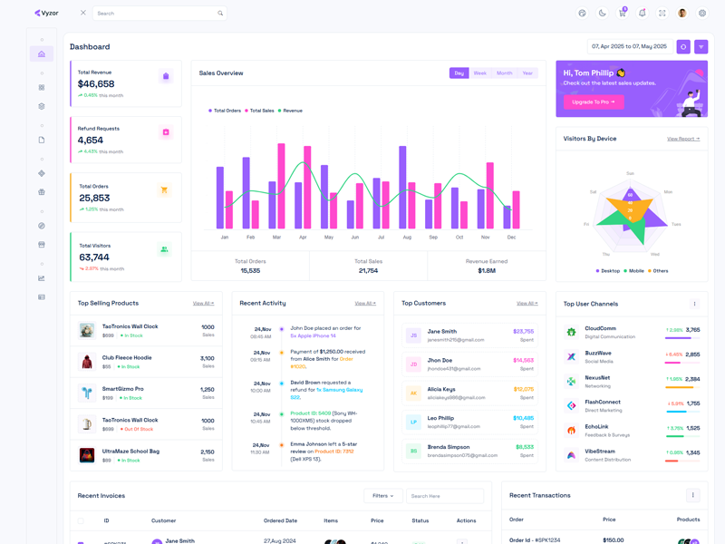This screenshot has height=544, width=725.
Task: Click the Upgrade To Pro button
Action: click(594, 102)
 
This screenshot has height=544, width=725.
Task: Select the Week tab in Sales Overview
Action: click(480, 73)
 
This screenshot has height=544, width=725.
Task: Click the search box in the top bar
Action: click(159, 14)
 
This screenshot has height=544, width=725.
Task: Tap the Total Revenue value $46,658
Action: click(96, 84)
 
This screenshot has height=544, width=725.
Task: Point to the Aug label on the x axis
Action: click(407, 238)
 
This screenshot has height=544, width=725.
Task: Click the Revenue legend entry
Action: click(291, 111)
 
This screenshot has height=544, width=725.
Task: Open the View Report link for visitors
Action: click(683, 139)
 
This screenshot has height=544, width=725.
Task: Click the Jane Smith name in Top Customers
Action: click(442, 332)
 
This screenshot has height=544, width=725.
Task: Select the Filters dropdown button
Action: click(383, 496)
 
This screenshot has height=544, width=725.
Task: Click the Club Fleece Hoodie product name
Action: click(127, 358)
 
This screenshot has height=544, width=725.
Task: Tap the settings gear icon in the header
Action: click(702, 14)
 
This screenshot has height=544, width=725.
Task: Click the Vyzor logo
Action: click(46, 14)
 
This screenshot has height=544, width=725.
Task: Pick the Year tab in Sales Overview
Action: click(527, 73)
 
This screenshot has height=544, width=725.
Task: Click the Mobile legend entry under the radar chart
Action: click(635, 270)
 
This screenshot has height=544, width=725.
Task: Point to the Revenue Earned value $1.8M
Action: click(487, 271)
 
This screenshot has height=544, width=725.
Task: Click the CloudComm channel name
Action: click(600, 329)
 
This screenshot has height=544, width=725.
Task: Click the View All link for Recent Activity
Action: click(365, 304)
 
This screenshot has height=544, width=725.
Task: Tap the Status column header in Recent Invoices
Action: click(420, 521)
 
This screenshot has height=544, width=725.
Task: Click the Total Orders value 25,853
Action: click(94, 199)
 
